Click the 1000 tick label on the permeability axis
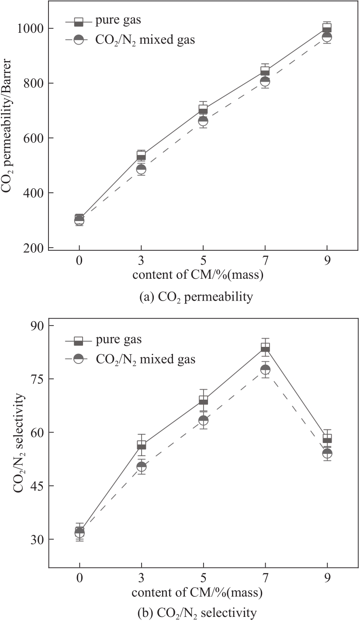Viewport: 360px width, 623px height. coord(30,29)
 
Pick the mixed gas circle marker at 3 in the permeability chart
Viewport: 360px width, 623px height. coord(141,169)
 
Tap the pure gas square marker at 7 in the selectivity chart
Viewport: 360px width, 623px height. coord(265,348)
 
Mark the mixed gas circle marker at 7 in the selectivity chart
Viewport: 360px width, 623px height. coord(265,370)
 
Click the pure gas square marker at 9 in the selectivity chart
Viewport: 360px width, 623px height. coord(327,438)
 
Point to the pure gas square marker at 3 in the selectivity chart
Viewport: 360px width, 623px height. coord(141,445)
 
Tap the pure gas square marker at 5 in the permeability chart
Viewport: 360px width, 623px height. coord(203,109)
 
